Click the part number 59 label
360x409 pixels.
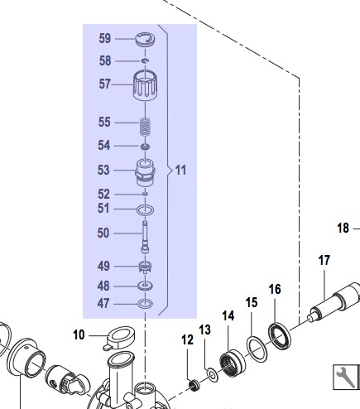pyautogui.click(x=105, y=38)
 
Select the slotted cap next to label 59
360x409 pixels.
pyautogui.click(x=145, y=40)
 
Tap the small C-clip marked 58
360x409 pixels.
pyautogui.click(x=146, y=60)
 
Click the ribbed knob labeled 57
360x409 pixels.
pyautogui.click(x=145, y=85)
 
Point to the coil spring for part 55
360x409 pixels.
pyautogui.click(x=145, y=127)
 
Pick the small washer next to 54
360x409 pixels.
pyautogui.click(x=145, y=147)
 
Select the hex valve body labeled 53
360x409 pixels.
pyautogui.click(x=145, y=173)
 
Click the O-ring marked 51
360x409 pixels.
pyautogui.click(x=146, y=210)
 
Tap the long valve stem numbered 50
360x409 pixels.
pyautogui.click(x=145, y=237)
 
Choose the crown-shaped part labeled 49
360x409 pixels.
pyautogui.click(x=145, y=267)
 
